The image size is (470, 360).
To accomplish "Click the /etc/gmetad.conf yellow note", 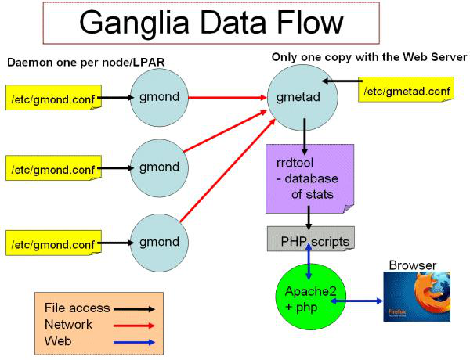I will pyautogui.click(x=406, y=92).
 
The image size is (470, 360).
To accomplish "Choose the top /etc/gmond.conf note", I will pyautogui.click(x=52, y=99).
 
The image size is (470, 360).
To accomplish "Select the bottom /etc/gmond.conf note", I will pyautogui.click(x=52, y=243).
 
